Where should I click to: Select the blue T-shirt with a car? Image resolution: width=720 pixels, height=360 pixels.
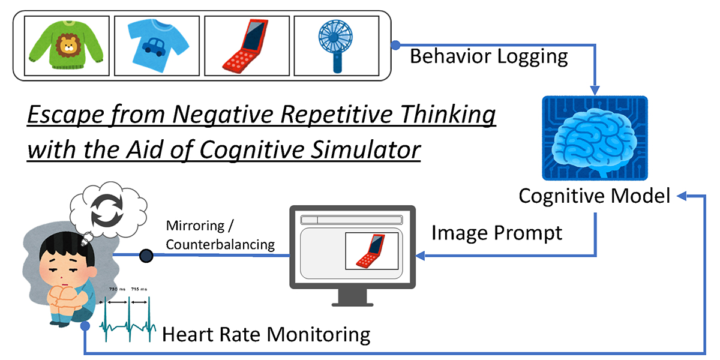tap(157, 45)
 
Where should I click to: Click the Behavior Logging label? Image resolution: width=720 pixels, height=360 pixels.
tap(488, 56)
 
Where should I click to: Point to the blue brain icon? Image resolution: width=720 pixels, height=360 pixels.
tap(594, 138)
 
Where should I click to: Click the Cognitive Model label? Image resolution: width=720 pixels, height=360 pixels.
tap(594, 196)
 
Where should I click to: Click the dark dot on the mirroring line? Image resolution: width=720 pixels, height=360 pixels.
tap(145, 256)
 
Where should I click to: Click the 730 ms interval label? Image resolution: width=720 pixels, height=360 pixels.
tap(116, 289)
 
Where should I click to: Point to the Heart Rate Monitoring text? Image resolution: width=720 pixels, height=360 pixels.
tap(266, 334)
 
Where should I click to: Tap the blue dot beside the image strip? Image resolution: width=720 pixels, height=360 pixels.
tap(395, 45)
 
